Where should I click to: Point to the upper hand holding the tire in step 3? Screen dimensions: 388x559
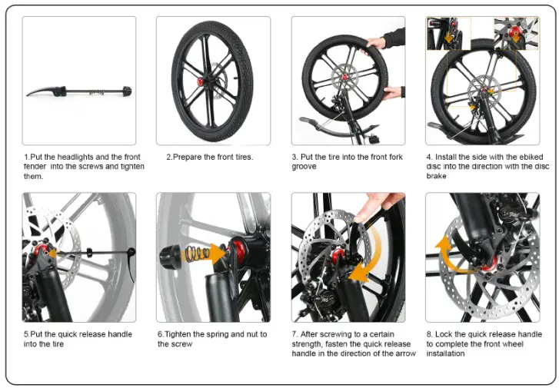(x=377, y=41)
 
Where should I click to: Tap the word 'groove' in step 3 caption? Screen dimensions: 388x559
(x=304, y=167)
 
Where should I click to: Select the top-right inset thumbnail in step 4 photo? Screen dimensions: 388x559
(x=516, y=34)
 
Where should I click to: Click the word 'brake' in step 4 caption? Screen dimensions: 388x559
(x=436, y=176)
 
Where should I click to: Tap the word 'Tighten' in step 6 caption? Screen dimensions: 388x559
(x=183, y=334)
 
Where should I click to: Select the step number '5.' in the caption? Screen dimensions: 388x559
(x=26, y=334)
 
